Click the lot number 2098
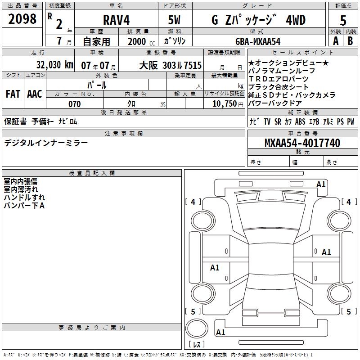(x=22, y=19)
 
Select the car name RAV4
(x=117, y=20)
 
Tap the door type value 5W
(x=174, y=20)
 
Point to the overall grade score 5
(x=343, y=21)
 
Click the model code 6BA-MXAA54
(x=258, y=41)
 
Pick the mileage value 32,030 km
(x=54, y=65)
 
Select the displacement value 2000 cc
(x=141, y=41)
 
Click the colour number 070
(x=75, y=104)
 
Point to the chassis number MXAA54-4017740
(x=302, y=143)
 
